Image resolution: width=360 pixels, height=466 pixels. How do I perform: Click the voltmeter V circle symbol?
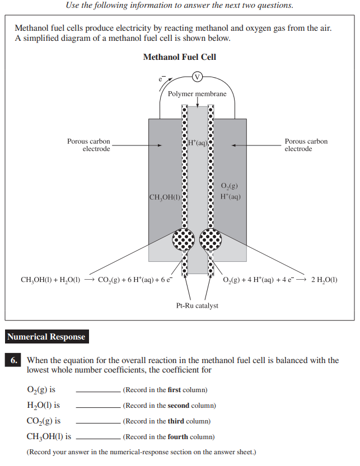(x=197, y=77)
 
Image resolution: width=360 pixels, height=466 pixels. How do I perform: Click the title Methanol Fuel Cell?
(x=179, y=57)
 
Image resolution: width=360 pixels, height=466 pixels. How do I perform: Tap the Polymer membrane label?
(x=197, y=94)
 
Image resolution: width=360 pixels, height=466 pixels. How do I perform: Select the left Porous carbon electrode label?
(x=88, y=145)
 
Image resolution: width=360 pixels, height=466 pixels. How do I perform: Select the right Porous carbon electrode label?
(x=306, y=145)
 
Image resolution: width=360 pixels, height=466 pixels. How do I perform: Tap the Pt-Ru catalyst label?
(x=197, y=305)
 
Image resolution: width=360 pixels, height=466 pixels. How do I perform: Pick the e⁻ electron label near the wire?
(x=161, y=80)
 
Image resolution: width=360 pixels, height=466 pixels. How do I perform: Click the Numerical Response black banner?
(x=46, y=337)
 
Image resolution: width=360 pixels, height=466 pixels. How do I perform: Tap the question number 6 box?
(x=14, y=361)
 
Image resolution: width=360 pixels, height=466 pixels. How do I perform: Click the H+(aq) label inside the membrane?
(x=198, y=143)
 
